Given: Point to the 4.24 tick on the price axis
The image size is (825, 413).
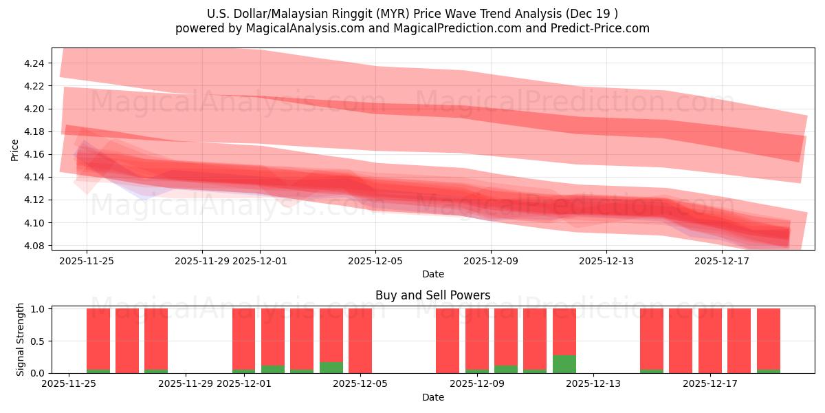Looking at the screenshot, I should coord(34,63).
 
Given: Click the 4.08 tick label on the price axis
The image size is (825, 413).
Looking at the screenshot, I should coord(34,246).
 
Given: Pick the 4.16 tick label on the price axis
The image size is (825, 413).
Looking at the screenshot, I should coord(34,154).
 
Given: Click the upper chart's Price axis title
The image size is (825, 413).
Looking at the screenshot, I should coord(15,149).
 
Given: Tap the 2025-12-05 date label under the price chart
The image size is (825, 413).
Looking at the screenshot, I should coord(375,261).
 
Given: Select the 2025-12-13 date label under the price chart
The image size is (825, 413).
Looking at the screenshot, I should coord(606,261).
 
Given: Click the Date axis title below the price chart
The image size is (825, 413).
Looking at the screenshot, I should coord(432,274).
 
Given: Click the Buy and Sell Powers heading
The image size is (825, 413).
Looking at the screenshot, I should coord(432,295).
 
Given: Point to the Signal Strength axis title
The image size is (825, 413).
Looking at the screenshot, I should coord(21,340).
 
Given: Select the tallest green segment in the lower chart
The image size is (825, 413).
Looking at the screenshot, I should coord(564,364).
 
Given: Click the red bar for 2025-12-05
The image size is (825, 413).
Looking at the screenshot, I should coord(360,341).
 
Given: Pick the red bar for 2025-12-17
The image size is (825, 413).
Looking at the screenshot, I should coord(710,341).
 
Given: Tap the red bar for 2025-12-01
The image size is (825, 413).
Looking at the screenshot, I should coord(244,341).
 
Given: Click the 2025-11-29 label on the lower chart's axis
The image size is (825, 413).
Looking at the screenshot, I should coord(186,384).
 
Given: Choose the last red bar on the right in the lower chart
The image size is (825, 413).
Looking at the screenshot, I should coord(768,341).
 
